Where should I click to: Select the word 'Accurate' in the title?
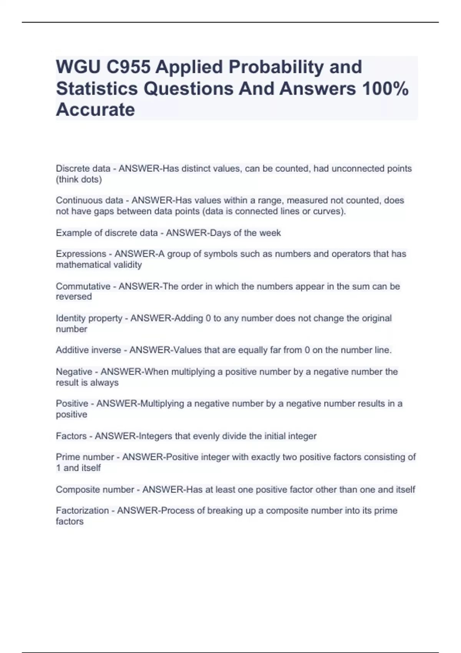(95, 110)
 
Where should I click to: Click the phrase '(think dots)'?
(79, 179)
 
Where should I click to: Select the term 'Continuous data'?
(90, 201)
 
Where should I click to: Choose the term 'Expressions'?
(81, 254)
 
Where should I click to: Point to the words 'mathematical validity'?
(99, 265)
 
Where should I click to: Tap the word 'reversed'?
(74, 297)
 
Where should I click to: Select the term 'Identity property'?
(89, 318)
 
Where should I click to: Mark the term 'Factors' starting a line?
(71, 436)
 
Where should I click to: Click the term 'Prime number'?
(85, 457)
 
